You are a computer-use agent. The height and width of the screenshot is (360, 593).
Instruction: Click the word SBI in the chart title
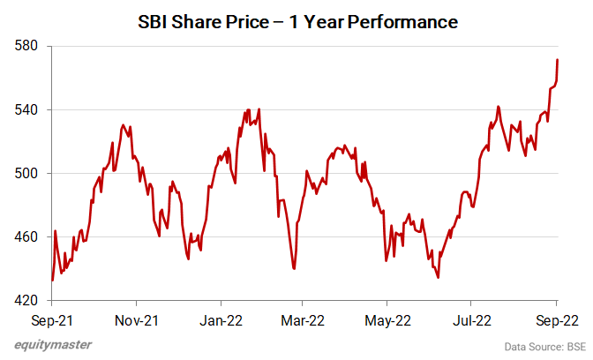(155, 22)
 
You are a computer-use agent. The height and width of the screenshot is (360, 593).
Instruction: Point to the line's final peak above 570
(557, 60)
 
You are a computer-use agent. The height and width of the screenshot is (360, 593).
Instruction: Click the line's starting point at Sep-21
(52, 280)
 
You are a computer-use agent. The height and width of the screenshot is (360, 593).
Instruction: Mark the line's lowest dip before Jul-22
(438, 277)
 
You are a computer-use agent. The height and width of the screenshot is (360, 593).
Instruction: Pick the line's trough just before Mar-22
(294, 268)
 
